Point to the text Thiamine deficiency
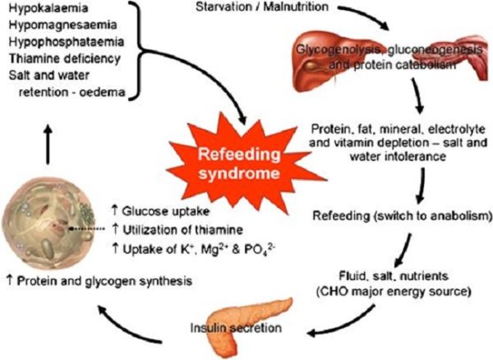(x=59, y=59)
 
